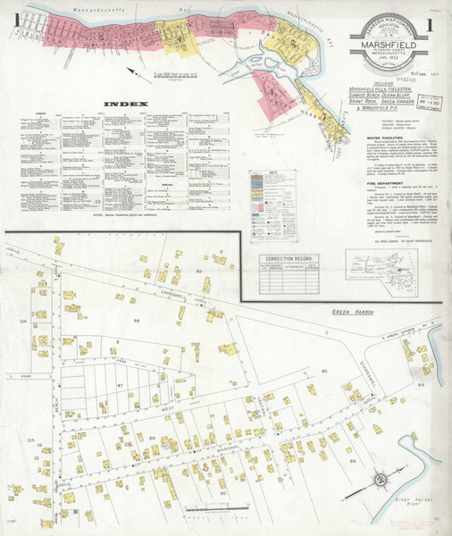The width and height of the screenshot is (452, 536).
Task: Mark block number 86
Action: pyautogui.click(x=138, y=319)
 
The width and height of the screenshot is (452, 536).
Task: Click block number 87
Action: pyautogui.click(x=119, y=386)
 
